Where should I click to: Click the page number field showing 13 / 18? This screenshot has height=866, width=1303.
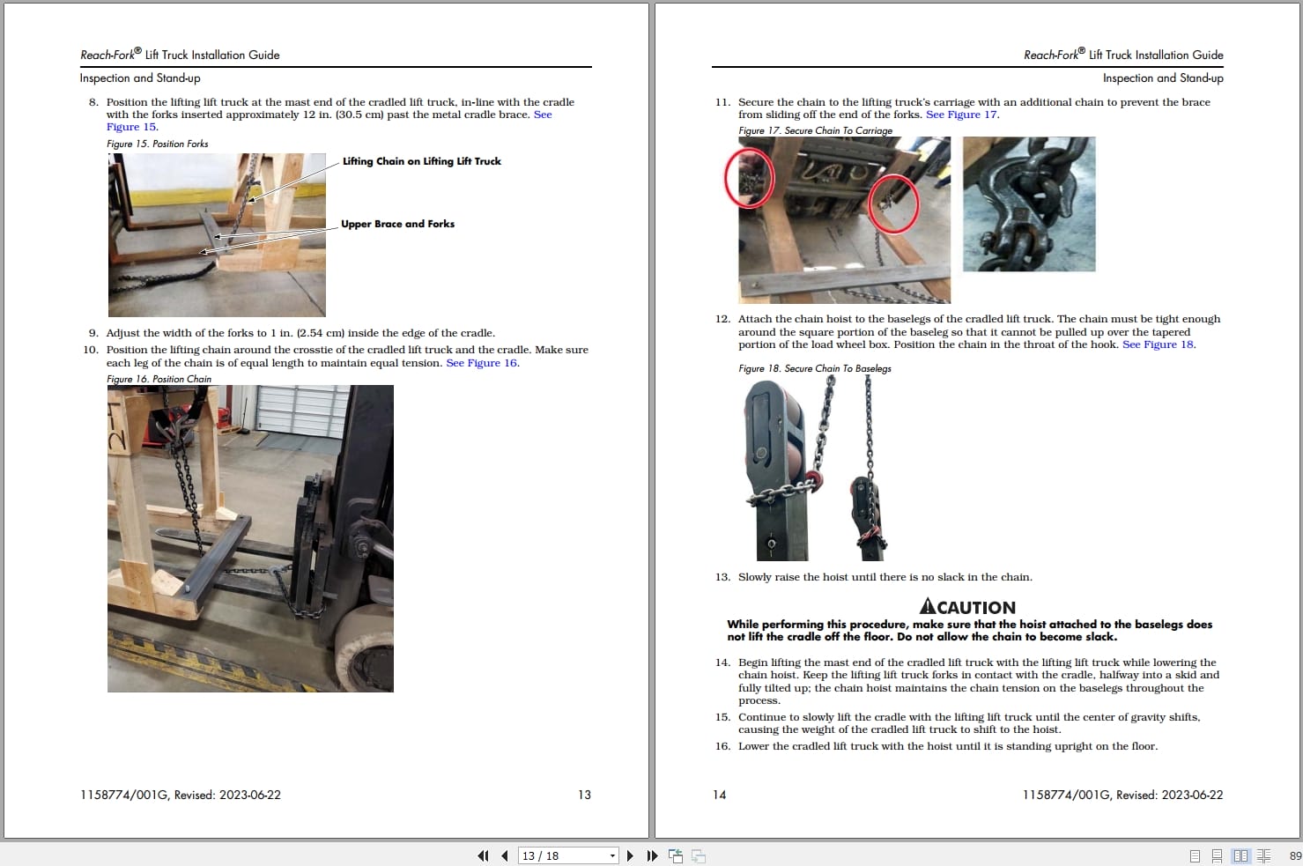(x=567, y=855)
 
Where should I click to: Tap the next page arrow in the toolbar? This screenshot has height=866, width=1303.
(x=630, y=855)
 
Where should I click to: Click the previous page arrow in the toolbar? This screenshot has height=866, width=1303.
(x=504, y=855)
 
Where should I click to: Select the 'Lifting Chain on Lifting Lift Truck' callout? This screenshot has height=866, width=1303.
(x=422, y=162)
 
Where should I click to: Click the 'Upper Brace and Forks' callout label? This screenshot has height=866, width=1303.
(x=398, y=224)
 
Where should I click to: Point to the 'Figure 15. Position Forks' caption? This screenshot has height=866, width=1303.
(x=157, y=144)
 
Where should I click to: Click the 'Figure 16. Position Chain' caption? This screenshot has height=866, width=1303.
(x=159, y=379)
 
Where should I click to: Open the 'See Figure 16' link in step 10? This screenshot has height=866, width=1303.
(x=482, y=363)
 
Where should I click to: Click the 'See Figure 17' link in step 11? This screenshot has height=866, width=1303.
(x=961, y=115)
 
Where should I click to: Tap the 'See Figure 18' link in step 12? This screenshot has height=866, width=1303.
(x=1158, y=344)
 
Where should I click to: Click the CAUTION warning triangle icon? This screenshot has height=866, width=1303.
(x=928, y=606)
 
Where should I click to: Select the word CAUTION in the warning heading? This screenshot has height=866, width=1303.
(x=977, y=608)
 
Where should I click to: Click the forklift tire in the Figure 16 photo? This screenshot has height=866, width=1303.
(x=366, y=648)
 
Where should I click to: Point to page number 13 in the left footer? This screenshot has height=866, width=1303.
(x=584, y=795)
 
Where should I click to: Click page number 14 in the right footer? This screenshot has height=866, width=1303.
(x=720, y=795)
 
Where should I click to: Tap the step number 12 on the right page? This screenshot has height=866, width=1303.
(x=722, y=319)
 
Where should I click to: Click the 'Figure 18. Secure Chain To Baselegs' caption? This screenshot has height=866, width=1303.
(x=814, y=369)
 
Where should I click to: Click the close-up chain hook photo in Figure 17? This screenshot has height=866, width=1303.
(x=1029, y=204)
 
